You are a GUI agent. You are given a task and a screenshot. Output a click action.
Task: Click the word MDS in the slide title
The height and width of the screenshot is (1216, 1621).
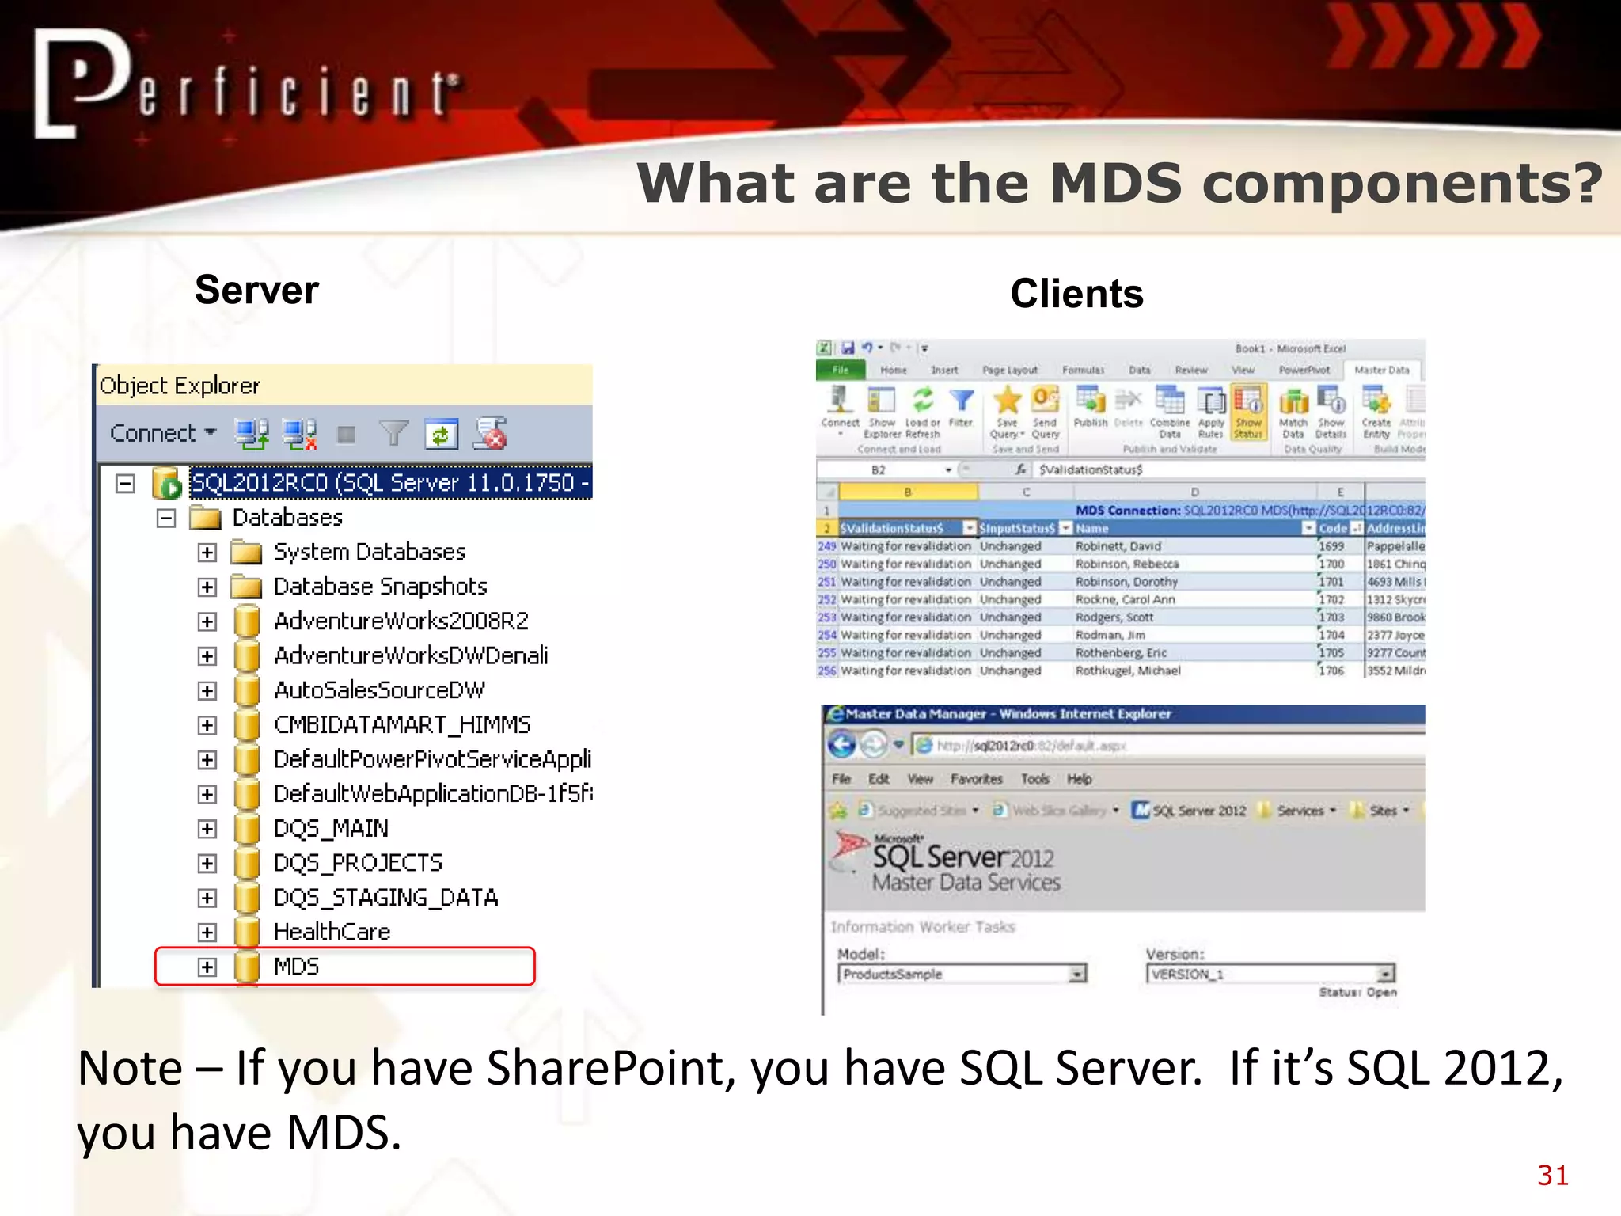[x=1116, y=184]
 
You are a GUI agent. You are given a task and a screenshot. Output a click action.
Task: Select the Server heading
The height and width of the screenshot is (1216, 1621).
[x=256, y=290]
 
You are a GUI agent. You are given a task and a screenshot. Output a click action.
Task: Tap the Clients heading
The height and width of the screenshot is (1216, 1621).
[x=1076, y=294]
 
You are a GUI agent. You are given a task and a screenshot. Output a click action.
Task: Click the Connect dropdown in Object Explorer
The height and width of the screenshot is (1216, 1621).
[x=162, y=433]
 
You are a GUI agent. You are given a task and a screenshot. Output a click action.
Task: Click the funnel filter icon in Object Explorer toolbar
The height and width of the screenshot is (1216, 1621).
[x=393, y=433]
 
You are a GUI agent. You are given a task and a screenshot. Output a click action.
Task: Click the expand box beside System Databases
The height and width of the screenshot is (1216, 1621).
[x=207, y=553]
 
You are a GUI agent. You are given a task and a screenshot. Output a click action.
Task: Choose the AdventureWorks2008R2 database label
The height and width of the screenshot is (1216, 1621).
[x=401, y=621]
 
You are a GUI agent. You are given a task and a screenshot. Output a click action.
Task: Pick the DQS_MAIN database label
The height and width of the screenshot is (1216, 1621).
[x=331, y=829]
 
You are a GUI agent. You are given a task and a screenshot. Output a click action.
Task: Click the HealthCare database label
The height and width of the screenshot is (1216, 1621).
[x=332, y=933]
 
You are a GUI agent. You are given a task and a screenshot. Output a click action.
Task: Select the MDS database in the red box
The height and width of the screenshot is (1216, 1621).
[x=296, y=967]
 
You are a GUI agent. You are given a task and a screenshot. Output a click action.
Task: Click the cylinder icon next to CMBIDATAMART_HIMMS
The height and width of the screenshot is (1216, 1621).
[x=247, y=725]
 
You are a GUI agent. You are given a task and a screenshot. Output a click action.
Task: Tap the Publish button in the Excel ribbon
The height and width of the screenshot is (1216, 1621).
[x=1091, y=408]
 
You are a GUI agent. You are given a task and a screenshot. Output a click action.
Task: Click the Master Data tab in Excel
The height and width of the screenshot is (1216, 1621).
[x=1381, y=370]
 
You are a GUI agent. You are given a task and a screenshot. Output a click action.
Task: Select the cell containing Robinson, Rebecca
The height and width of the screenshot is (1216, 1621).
[x=1126, y=564]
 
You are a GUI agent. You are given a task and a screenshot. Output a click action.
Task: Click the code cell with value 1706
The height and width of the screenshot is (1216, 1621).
[x=1331, y=671]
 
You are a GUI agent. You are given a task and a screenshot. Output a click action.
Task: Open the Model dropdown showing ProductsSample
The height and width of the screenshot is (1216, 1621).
[x=1077, y=975]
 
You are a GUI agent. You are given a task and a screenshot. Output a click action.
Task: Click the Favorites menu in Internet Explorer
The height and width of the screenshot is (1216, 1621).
[x=976, y=779]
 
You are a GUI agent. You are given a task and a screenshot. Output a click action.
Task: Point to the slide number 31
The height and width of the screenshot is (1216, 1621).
[x=1552, y=1176]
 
